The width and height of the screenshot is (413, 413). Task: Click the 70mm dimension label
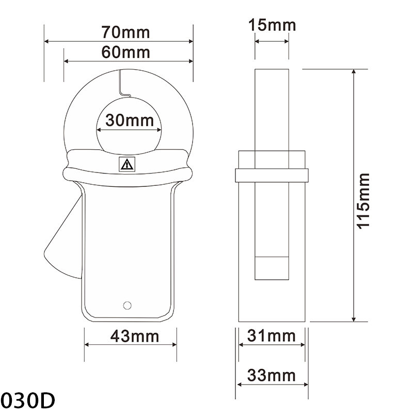(x=125, y=32)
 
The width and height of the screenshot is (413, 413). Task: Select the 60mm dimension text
(x=125, y=52)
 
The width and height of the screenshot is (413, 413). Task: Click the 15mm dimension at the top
(x=272, y=25)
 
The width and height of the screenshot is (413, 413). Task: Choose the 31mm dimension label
(x=272, y=336)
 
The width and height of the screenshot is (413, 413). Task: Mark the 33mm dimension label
(x=272, y=375)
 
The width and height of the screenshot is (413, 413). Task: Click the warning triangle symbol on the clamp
(x=126, y=165)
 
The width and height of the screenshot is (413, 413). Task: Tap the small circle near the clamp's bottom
(x=126, y=304)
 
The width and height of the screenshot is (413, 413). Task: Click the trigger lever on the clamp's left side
(x=65, y=237)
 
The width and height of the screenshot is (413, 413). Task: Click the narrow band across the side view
(x=272, y=174)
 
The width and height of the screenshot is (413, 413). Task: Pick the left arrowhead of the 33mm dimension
(x=240, y=385)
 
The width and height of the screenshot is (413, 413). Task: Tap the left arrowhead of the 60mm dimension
(x=67, y=61)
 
